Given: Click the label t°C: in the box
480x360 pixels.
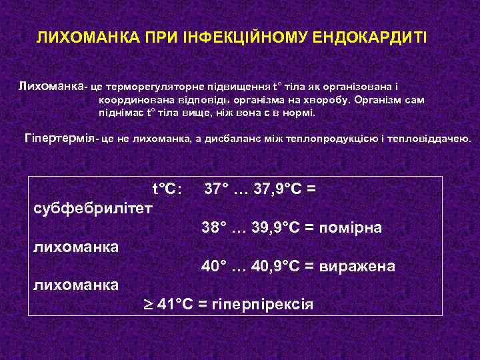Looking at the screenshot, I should (165, 189).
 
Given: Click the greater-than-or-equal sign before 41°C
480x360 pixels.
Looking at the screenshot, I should (148, 305).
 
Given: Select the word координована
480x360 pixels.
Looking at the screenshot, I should (132, 100).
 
